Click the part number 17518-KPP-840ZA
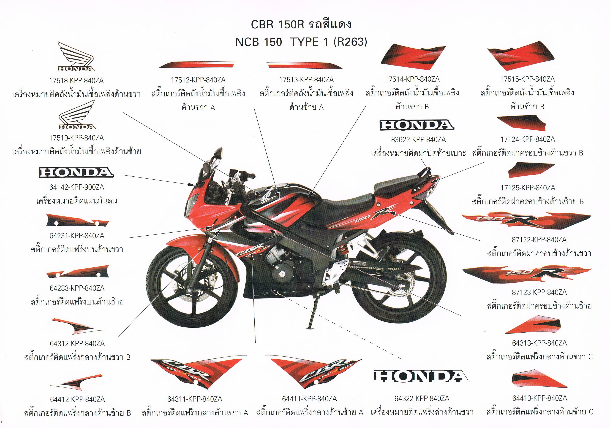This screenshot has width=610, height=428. pyautogui.click(x=76, y=80)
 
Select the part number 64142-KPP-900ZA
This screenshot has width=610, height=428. pyautogui.click(x=77, y=187)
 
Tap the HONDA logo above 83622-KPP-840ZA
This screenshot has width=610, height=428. pyautogui.click(x=417, y=125)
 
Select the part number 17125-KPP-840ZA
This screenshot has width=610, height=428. pyautogui.click(x=527, y=188)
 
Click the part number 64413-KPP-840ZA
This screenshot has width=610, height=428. pyautogui.click(x=540, y=398)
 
